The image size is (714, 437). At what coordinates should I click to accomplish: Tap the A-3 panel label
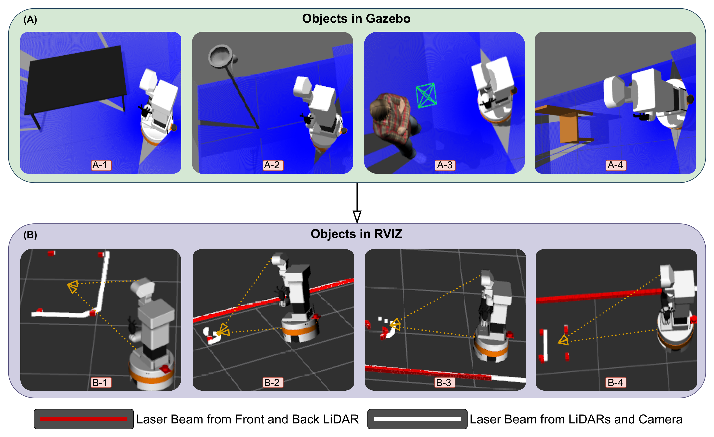pos(445,165)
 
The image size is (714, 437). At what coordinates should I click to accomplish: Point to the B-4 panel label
pos(616,383)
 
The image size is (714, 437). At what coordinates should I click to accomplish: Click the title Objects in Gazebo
pos(356,19)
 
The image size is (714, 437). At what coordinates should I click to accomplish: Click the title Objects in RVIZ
pos(356,234)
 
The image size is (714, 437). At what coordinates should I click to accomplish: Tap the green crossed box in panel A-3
pos(426,95)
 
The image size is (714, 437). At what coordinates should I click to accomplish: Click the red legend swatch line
pos(84,419)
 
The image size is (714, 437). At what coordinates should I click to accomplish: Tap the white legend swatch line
pos(417,419)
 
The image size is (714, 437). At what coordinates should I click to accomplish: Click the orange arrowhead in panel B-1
pos(72,286)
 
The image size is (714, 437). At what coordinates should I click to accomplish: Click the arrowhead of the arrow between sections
pos(357,217)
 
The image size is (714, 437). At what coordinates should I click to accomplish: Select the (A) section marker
pos(30,20)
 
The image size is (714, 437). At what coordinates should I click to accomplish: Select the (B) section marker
pos(30,235)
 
